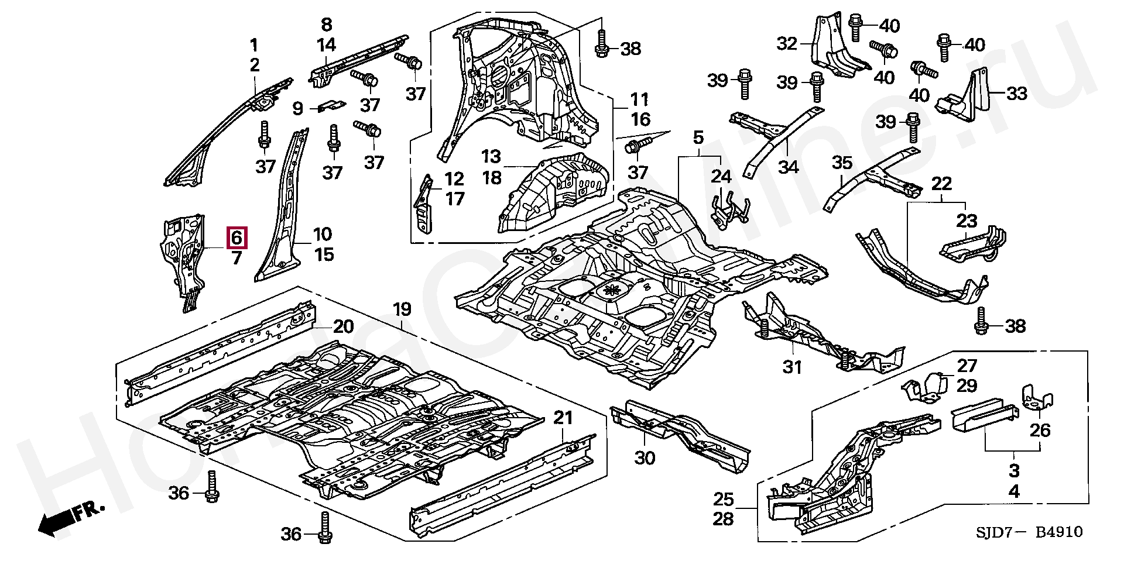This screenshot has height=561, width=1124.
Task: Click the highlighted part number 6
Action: [x=237, y=238]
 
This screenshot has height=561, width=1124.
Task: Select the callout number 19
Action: [x=402, y=309]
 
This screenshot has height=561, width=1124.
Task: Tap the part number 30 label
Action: [x=645, y=457]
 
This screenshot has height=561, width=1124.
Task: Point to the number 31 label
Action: [x=792, y=367]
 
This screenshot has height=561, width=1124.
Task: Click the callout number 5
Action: [x=698, y=138]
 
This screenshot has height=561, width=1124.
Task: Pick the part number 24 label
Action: [x=722, y=175]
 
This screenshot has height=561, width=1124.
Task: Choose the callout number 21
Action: [x=563, y=418]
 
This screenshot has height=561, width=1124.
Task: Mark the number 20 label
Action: [x=344, y=326]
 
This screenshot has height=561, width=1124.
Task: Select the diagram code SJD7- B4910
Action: [x=1029, y=532]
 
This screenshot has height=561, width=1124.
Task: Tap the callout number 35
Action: [x=842, y=163]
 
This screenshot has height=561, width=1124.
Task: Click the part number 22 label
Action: [x=941, y=184]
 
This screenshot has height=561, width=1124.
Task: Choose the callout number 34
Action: [x=789, y=167]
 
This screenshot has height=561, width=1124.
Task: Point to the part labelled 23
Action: [x=973, y=245]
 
